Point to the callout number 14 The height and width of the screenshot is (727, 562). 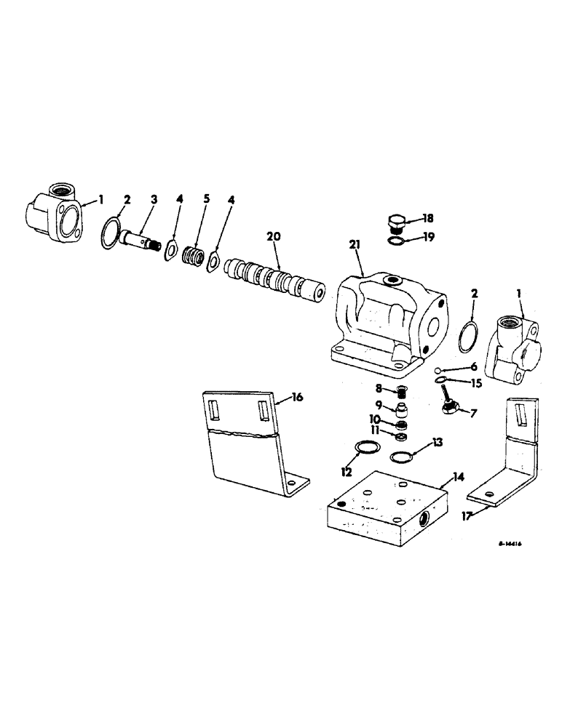point(459,477)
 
